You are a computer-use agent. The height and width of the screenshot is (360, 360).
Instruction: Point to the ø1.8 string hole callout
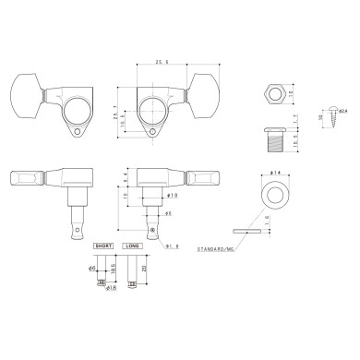[171, 246]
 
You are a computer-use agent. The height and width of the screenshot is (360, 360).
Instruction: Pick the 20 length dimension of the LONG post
[145, 273]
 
